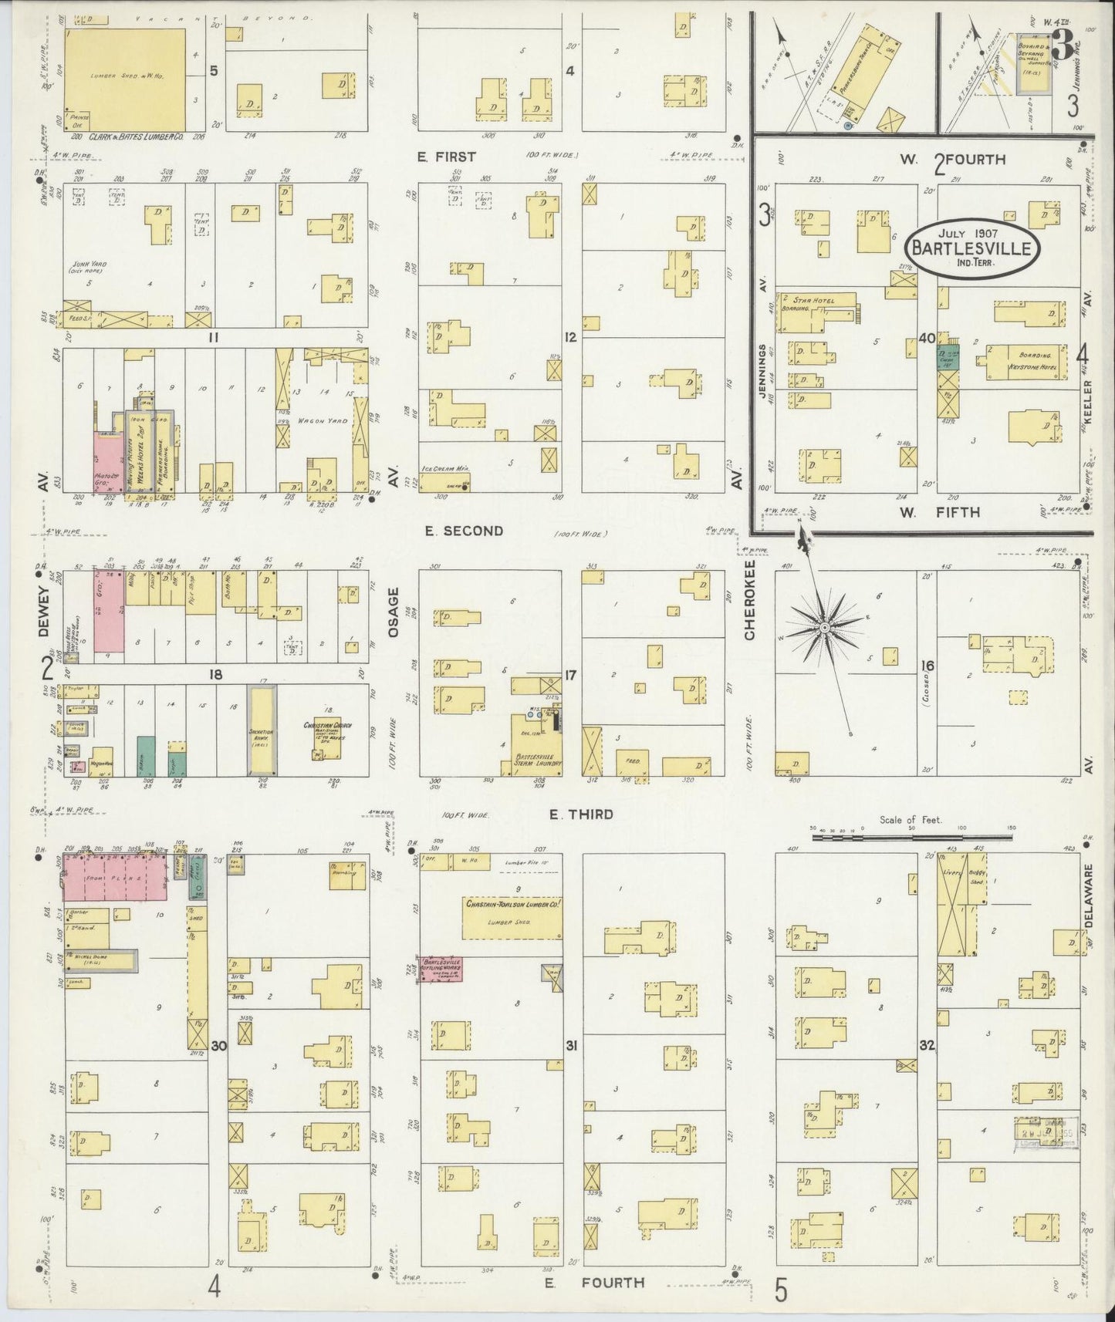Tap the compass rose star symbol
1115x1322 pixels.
(x=825, y=629)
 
